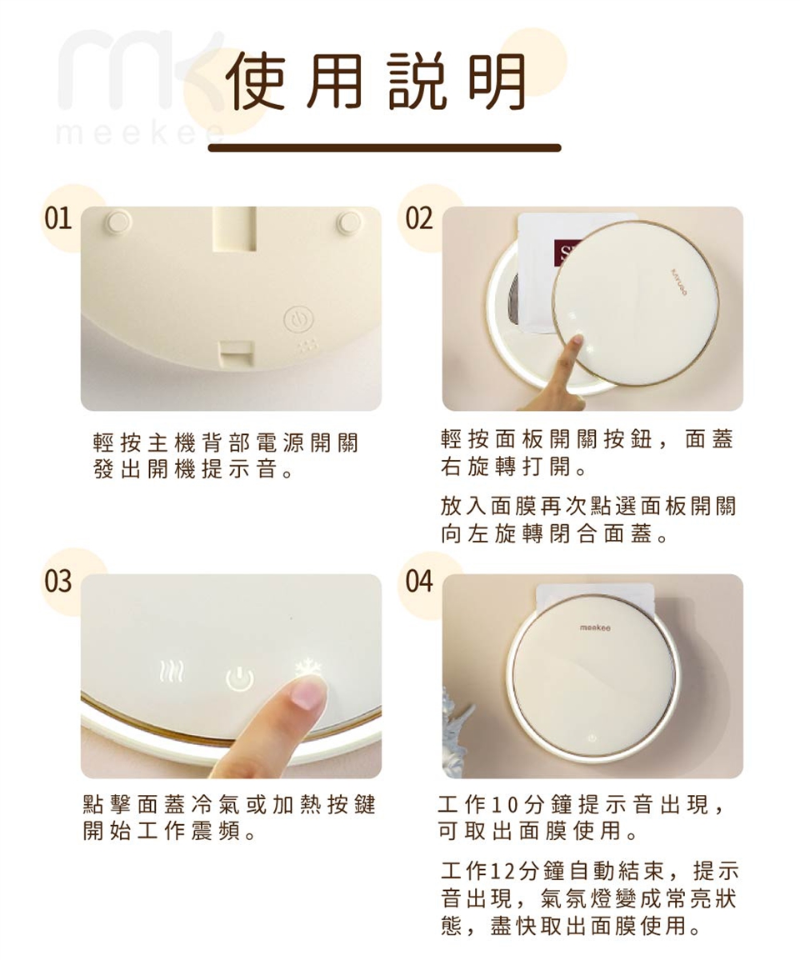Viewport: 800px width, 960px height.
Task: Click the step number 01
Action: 58,219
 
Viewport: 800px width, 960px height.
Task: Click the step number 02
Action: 419,219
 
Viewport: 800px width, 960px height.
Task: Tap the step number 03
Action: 58,581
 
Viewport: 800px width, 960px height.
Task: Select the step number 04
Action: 419,581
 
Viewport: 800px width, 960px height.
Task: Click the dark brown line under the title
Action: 384,147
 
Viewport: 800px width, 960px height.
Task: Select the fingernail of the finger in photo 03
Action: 309,693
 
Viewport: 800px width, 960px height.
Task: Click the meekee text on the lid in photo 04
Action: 594,627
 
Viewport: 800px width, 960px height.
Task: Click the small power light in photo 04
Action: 592,738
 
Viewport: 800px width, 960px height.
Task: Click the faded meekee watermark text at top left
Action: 133,133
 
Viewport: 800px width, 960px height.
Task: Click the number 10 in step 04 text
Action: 504,805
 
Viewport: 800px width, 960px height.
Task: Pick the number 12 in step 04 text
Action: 502,872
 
